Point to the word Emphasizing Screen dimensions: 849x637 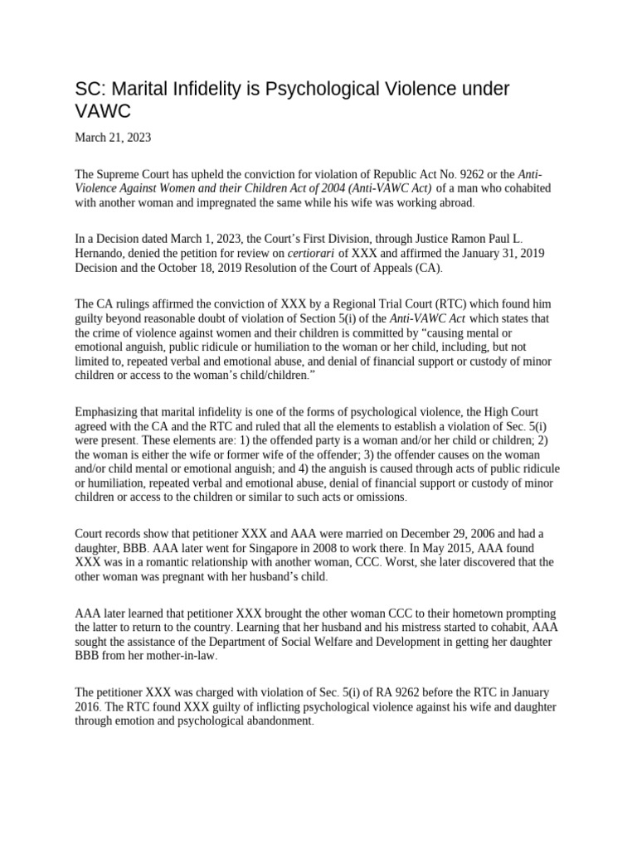tap(111, 412)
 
